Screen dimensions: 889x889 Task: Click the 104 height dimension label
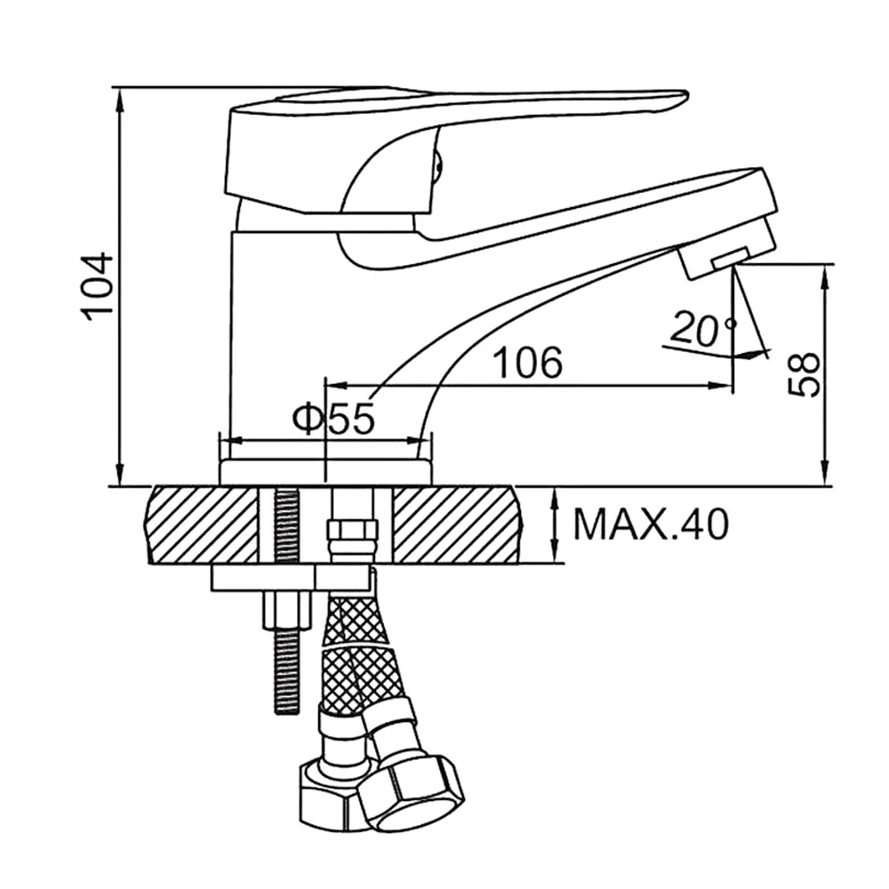tap(96, 287)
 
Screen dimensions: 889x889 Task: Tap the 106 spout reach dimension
tap(528, 363)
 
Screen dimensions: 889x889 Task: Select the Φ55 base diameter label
tap(334, 419)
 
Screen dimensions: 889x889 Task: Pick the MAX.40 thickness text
tap(651, 524)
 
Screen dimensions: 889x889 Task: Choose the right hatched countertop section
tap(457, 525)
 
